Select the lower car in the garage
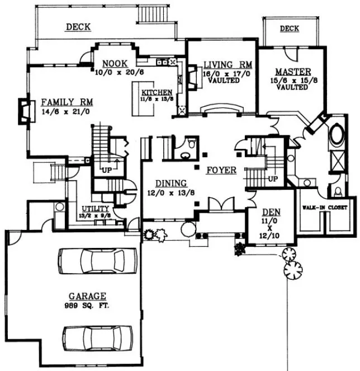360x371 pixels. coord(97,338)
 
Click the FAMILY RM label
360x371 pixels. coord(67,102)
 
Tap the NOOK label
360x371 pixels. coord(115,63)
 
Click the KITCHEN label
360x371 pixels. coord(157,92)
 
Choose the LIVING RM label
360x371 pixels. coord(222,64)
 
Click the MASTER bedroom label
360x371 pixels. coord(289,72)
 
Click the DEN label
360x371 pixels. coord(271,212)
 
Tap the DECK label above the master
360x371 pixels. coord(289,29)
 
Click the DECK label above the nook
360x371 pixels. coord(78,26)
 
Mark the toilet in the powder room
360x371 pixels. coord(190,145)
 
